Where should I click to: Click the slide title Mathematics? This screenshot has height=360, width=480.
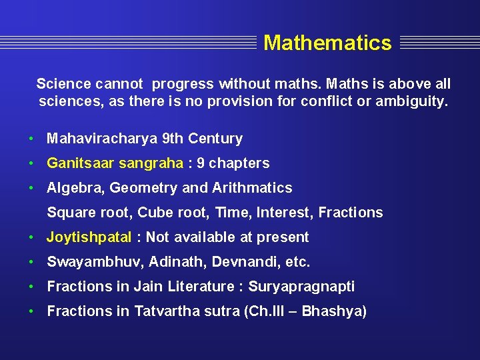coord(327,43)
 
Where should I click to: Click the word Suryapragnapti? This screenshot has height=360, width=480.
coord(301,287)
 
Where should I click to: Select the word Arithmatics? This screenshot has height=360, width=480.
coord(252,188)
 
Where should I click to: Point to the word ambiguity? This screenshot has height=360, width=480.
coord(413,101)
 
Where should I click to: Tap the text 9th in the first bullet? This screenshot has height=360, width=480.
coord(173,139)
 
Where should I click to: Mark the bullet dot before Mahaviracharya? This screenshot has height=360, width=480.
coord(32,139)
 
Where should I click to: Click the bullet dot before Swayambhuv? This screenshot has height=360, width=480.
coord(32,262)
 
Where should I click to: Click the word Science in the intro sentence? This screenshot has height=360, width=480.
coord(63,84)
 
